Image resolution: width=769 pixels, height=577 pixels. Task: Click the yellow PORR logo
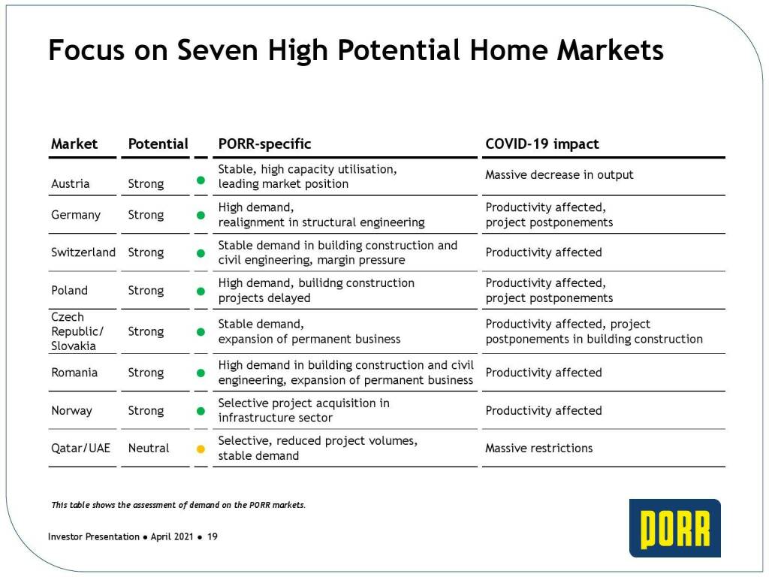675,528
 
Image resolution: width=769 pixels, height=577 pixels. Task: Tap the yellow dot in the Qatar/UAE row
201,449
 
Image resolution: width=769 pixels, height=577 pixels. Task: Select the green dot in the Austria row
201,180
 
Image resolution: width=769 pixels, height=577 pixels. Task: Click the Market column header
74,143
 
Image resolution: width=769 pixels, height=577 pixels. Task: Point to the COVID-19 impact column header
542,143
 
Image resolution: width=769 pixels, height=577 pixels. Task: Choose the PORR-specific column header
264,143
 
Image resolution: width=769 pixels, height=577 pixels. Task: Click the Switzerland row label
83,252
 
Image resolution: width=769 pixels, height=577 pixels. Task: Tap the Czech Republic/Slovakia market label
77,331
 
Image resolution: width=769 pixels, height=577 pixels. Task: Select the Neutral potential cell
149,448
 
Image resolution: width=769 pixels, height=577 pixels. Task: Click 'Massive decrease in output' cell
559,174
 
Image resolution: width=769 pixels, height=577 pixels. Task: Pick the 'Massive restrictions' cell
539,448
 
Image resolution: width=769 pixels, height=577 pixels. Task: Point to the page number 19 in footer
213,536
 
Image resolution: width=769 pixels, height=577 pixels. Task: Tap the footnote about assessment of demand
178,505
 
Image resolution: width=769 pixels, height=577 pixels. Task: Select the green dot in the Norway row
201,411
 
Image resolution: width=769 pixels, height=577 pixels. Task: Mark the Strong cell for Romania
146,373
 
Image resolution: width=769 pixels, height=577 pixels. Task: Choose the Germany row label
76,215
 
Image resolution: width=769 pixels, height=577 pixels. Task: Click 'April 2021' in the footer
172,536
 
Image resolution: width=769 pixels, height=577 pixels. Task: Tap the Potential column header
158,143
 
